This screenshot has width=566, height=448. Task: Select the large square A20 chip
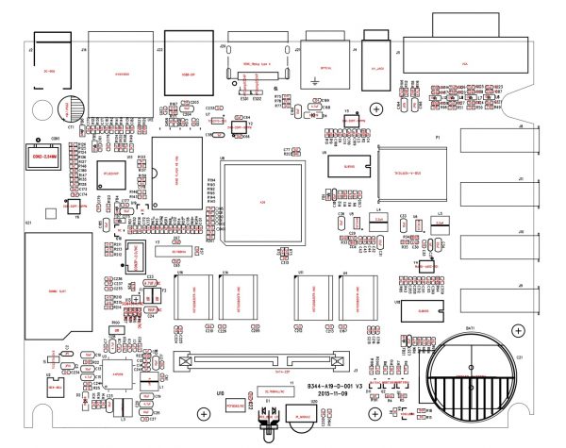pyautogui.click(x=264, y=203)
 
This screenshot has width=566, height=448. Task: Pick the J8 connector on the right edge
pyautogui.click(x=496, y=142)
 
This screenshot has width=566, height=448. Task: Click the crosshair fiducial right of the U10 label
pyautogui.click(x=204, y=413)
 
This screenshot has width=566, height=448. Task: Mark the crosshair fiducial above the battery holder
pyautogui.click(x=517, y=330)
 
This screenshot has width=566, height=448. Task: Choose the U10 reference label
pyautogui.click(x=220, y=391)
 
